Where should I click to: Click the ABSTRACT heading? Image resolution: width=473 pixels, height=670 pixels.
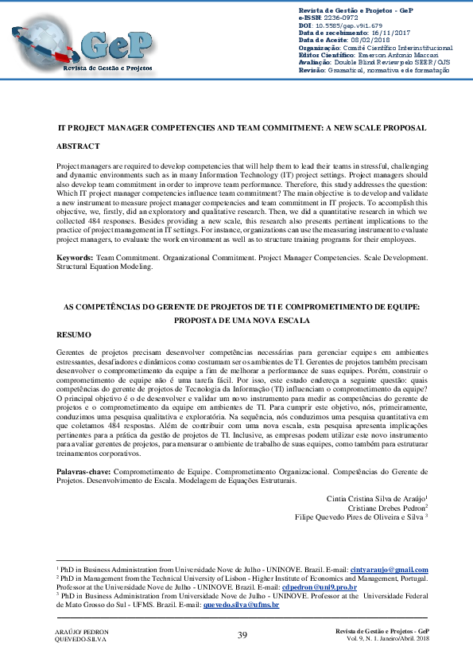[78, 147]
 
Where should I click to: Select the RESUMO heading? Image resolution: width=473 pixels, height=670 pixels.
[75, 334]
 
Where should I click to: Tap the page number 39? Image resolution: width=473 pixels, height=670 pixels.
[242, 634]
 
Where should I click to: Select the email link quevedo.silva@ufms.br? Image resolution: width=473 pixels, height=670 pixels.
[241, 605]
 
